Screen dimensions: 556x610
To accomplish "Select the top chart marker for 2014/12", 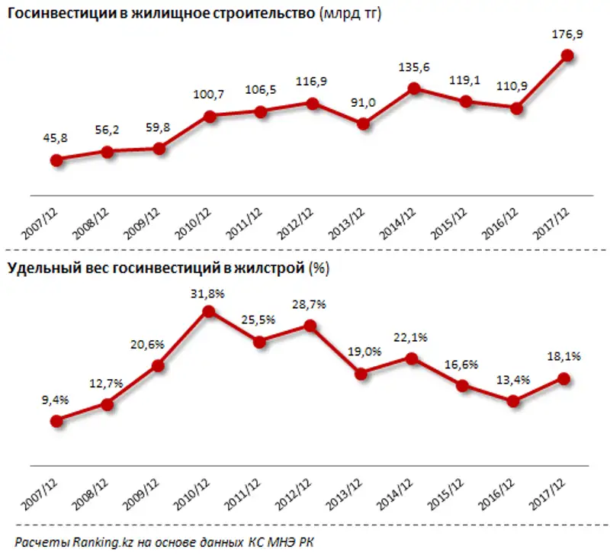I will (414, 88).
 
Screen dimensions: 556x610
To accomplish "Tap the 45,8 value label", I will (55, 139).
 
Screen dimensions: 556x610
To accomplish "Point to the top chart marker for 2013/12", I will (363, 124).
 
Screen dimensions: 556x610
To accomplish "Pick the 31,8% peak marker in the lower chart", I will (209, 311).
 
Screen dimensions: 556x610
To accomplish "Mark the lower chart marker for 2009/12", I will (159, 366).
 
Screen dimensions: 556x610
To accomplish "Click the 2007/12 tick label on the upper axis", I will (43, 223).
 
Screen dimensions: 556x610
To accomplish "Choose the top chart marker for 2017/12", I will (567, 55).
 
